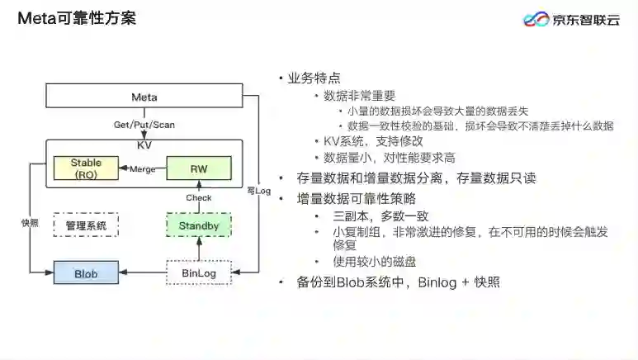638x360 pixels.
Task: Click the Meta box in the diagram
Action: pos(144,97)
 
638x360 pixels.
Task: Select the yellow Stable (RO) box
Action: pos(87,168)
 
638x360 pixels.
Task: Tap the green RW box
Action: pos(198,168)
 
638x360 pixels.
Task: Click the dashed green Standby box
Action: pos(198,225)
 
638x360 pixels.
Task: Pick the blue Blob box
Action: pos(87,272)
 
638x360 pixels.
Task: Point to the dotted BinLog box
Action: pos(198,272)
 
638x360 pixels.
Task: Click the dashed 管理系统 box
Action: pos(87,225)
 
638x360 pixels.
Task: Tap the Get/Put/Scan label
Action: pos(144,126)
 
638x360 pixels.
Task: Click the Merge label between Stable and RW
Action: pos(143,169)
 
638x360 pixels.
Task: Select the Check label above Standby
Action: pos(198,197)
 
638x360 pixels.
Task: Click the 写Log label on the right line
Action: pos(258,191)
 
